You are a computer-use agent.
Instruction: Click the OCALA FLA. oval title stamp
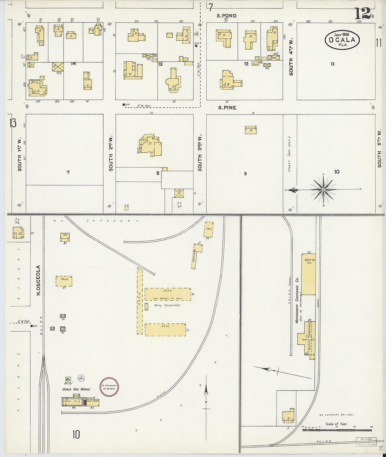[342, 40]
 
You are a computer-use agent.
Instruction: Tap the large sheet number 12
[362, 14]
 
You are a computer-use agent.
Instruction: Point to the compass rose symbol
[323, 189]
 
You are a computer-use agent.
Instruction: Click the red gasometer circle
[109, 387]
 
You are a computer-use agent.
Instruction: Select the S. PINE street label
[227, 108]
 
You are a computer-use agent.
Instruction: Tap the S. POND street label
[226, 16]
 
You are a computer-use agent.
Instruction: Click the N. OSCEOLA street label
[39, 280]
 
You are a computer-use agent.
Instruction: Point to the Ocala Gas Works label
[76, 389]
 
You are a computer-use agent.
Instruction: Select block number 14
[73, 63]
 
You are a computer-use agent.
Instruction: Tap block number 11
[332, 64]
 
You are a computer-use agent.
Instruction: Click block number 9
[245, 173]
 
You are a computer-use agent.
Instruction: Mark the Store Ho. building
[309, 274]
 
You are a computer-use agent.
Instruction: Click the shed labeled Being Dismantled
[168, 294]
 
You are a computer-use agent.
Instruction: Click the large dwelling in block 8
[150, 144]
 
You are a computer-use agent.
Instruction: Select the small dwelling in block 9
[251, 130]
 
